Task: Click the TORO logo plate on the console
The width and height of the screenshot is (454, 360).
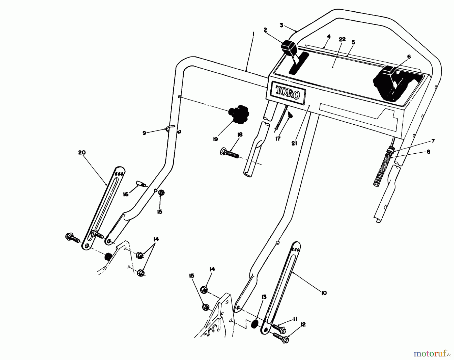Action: pyautogui.click(x=288, y=93)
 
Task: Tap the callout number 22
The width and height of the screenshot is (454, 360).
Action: pyautogui.click(x=342, y=39)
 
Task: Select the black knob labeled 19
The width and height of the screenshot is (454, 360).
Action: pyautogui.click(x=237, y=115)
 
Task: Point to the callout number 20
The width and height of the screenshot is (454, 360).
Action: pyautogui.click(x=82, y=153)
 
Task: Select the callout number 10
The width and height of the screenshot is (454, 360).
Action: pyautogui.click(x=324, y=293)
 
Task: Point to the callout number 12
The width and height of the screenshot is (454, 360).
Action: pyautogui.click(x=303, y=325)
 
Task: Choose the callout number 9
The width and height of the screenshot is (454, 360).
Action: pyautogui.click(x=144, y=133)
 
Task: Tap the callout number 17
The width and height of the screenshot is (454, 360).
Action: pyautogui.click(x=278, y=139)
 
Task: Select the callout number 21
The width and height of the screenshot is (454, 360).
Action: pyautogui.click(x=294, y=143)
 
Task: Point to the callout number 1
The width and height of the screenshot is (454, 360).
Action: pyautogui.click(x=253, y=33)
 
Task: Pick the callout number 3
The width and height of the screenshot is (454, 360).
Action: pyautogui.click(x=281, y=25)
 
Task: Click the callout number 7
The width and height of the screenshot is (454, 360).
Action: pyautogui.click(x=433, y=142)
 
